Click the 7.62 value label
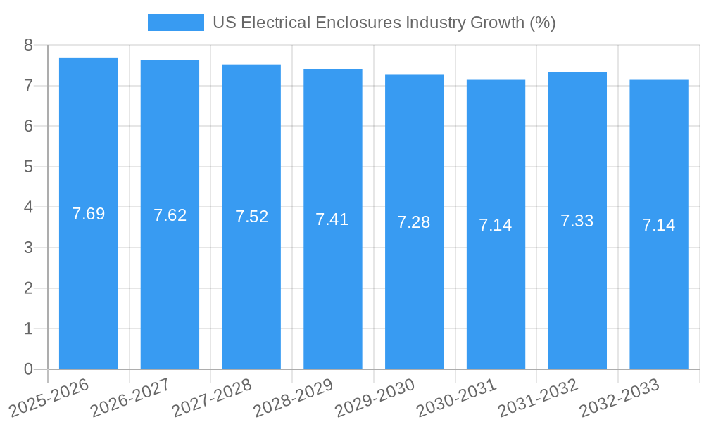[x=170, y=215]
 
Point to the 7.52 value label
[x=251, y=217]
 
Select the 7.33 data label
[x=577, y=221]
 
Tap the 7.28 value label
[x=414, y=222]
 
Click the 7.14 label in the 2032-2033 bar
[x=659, y=225]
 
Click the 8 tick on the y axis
[x=28, y=45]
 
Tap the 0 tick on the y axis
[x=28, y=369]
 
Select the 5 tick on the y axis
[x=28, y=167]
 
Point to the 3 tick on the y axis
[x=28, y=248]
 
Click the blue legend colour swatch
[x=175, y=23]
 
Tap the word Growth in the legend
[x=498, y=23]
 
